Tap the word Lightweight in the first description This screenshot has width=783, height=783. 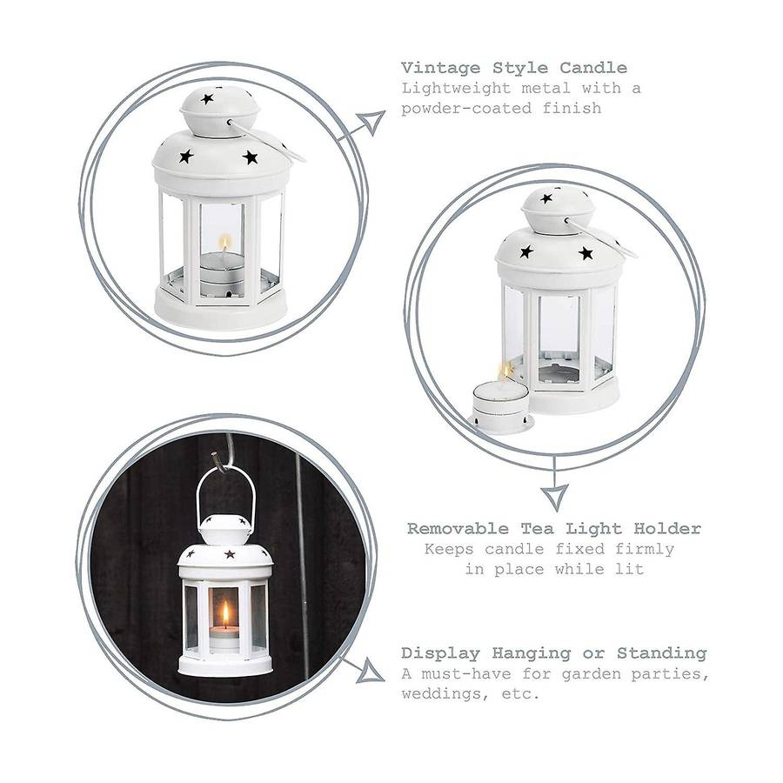coord(457,89)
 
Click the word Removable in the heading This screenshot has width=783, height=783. coord(458,528)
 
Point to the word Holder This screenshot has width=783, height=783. coord(667,528)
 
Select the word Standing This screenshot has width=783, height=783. coord(662,653)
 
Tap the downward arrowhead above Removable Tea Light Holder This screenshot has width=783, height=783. coord(555,498)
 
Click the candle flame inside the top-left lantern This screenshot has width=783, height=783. coord(225,244)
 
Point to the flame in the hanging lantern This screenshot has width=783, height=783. coord(225,613)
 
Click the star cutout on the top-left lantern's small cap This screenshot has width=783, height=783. coord(207,99)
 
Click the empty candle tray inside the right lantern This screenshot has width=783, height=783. coord(559,373)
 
